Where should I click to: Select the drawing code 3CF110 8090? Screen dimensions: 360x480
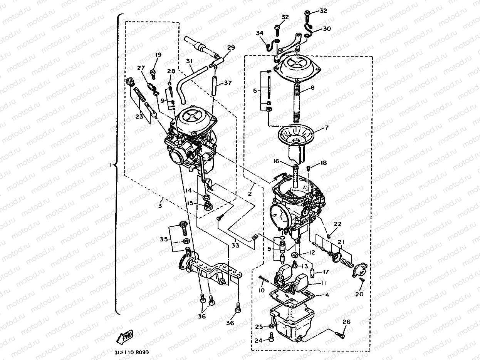132,352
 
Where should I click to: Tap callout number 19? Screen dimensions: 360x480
158,55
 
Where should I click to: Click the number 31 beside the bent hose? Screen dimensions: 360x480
189,61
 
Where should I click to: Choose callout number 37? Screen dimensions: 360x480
228,83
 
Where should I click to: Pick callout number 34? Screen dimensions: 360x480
260,33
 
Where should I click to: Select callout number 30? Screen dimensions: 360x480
327,29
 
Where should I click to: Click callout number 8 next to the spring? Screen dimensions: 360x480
312,88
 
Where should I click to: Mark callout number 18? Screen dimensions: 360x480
324,163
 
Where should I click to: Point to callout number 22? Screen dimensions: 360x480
337,224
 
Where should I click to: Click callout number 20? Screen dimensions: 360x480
359,294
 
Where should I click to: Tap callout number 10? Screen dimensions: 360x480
262,290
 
